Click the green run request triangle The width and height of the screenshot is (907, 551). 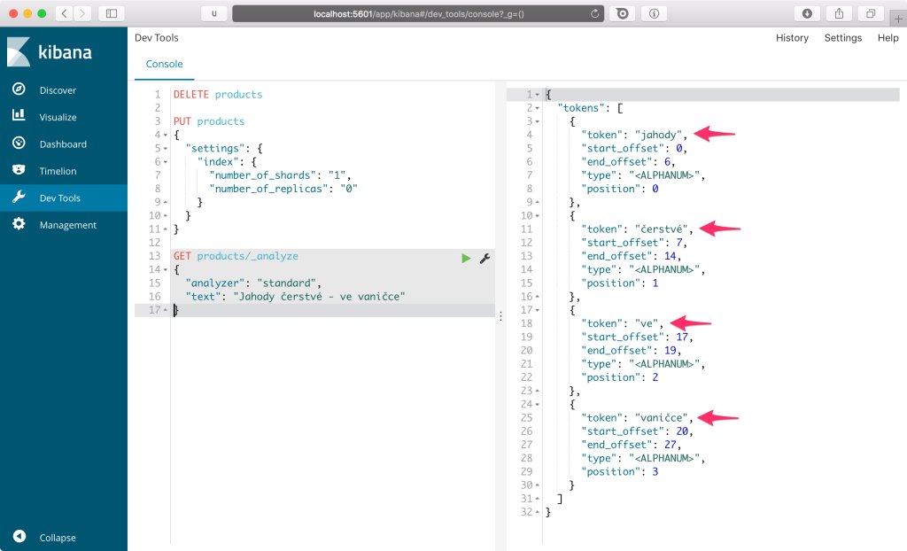[466, 258]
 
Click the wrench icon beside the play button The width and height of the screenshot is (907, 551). [485, 258]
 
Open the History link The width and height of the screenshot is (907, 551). [792, 37]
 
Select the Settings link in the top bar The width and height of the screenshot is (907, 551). [843, 37]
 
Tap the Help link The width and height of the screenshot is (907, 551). [888, 37]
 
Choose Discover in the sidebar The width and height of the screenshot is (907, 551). [58, 90]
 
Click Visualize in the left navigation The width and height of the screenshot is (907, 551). [58, 117]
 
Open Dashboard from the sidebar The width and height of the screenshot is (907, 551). [63, 144]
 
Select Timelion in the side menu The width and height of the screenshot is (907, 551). [58, 171]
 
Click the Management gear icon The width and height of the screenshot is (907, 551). [19, 224]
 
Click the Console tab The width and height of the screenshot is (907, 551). [164, 64]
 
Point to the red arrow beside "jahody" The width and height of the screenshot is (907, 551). [714, 135]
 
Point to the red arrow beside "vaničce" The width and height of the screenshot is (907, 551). [717, 417]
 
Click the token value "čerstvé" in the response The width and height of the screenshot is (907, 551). [661, 229]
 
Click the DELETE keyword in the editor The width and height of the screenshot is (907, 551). [191, 94]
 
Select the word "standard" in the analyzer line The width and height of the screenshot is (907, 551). [286, 283]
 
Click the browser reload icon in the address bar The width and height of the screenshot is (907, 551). [594, 13]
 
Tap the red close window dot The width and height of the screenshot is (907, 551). [13, 13]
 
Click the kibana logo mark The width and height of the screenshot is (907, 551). [18, 51]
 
